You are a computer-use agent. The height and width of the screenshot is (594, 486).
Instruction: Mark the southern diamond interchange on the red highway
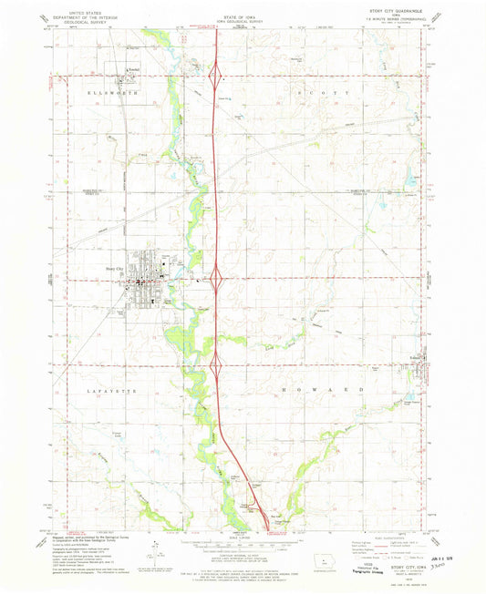pyautogui.click(x=217, y=366)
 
